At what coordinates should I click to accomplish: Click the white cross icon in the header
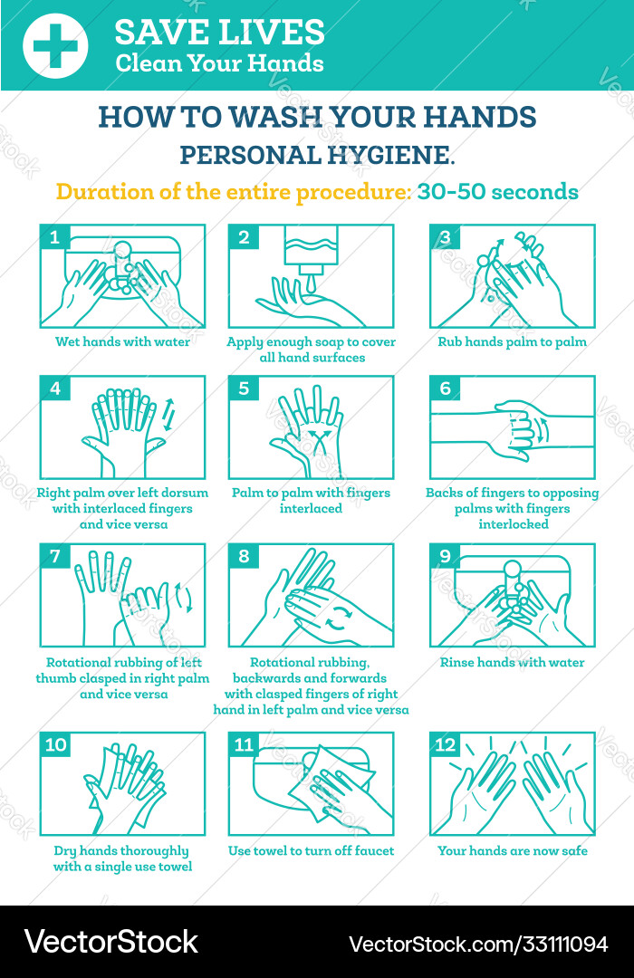[x=55, y=45]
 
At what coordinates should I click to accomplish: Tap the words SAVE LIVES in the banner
[x=219, y=33]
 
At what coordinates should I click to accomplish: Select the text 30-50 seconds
[x=497, y=192]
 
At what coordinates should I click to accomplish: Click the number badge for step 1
[x=55, y=238]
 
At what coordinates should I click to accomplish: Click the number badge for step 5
[x=244, y=388]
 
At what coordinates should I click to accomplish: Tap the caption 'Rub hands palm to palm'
[x=512, y=342]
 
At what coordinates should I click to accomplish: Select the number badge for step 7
[x=55, y=556]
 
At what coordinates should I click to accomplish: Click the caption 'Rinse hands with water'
[x=512, y=662]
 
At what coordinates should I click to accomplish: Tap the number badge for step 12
[x=445, y=745]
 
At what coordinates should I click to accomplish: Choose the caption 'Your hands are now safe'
[x=512, y=850]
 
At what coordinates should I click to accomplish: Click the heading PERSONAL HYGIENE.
[x=317, y=155]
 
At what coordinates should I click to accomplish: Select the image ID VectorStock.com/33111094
[x=478, y=944]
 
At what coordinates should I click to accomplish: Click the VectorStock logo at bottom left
[x=111, y=942]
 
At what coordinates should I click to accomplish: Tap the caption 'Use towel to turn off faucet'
[x=311, y=850]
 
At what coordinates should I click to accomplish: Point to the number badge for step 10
[x=56, y=745]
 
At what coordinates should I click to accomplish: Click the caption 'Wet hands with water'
[x=122, y=342]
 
